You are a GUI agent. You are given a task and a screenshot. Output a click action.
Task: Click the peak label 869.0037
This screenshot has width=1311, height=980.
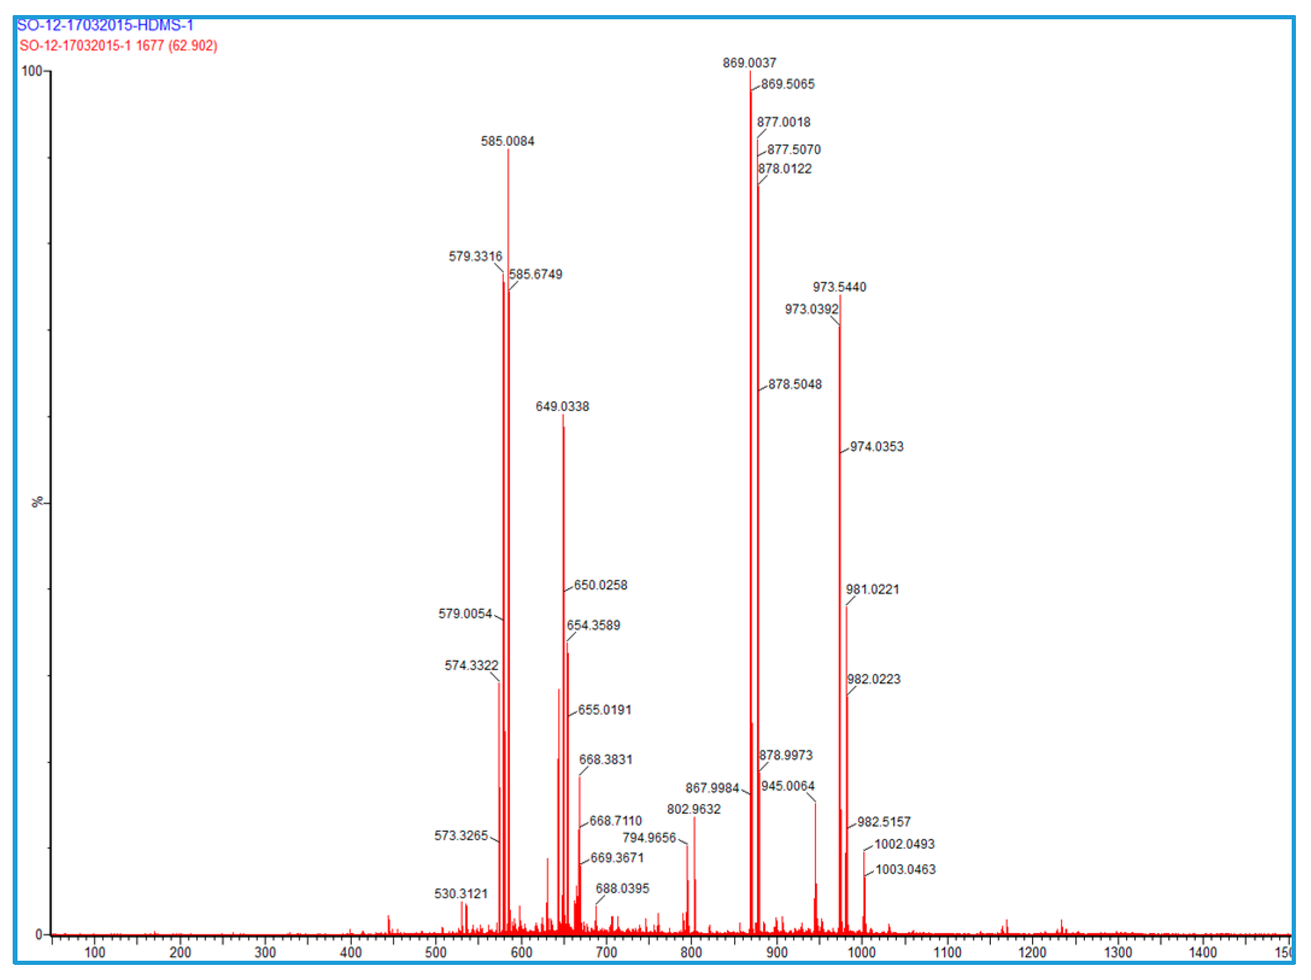749,63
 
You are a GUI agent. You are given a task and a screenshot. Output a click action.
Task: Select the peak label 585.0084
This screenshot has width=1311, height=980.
507,141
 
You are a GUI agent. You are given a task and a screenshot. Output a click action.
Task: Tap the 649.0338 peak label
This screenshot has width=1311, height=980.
562,406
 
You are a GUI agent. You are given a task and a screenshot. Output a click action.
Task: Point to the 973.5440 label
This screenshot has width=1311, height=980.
839,287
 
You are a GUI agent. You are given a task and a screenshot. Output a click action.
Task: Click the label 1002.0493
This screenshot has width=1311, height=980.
904,844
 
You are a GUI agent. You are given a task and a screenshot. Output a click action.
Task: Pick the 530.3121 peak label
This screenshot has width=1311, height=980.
461,893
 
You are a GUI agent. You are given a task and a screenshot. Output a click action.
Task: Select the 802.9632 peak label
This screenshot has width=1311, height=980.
693,809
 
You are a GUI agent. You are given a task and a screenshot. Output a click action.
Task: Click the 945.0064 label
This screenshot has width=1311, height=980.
787,786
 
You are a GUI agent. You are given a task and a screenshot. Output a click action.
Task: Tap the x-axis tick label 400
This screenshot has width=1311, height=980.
350,952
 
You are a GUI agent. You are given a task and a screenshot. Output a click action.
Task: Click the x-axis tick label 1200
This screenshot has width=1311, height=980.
1032,952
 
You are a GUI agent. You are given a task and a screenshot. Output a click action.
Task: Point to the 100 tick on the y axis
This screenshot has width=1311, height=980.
31,71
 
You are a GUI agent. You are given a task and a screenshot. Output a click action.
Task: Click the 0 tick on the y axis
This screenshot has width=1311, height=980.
39,934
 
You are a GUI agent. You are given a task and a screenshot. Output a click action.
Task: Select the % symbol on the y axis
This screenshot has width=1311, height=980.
37,501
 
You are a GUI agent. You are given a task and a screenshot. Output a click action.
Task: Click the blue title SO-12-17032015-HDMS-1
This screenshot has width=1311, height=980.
105,25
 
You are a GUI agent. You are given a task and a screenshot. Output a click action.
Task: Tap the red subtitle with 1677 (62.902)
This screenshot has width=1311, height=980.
118,46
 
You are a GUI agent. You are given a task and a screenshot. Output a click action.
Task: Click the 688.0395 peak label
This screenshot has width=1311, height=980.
622,888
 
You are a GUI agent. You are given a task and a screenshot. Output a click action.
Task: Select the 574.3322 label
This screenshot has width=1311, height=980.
471,665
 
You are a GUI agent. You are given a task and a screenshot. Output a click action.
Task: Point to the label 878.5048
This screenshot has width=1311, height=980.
794,384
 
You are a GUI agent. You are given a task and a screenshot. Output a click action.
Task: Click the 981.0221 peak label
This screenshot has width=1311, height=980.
872,589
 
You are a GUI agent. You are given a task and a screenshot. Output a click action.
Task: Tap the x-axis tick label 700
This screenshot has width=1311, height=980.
606,952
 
